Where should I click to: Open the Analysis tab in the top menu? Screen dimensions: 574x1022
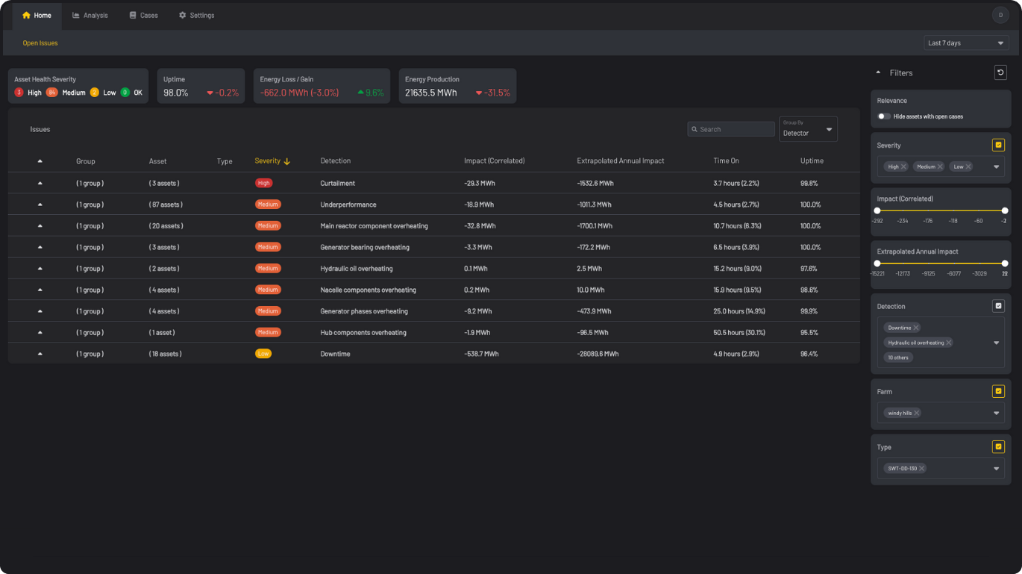point(90,16)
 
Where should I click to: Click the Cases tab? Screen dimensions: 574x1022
point(143,16)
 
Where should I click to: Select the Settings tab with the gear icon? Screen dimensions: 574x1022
point(196,16)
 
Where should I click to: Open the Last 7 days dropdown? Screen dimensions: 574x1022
point(966,43)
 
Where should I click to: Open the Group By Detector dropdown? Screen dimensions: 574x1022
point(808,129)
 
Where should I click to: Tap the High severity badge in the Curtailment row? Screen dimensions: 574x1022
point(263,183)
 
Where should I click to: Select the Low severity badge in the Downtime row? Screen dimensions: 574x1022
point(263,354)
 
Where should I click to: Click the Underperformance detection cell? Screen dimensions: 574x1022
point(348,205)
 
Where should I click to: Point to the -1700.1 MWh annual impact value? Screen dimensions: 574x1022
point(595,226)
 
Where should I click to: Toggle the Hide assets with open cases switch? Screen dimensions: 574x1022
point(884,116)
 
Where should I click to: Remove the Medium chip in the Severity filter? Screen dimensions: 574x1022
point(940,166)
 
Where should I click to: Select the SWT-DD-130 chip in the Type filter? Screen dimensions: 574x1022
point(902,468)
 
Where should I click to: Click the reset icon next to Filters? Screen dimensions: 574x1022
point(1000,72)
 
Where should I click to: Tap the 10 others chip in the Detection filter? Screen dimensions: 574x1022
point(897,358)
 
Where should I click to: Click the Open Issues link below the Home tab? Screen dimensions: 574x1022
point(40,43)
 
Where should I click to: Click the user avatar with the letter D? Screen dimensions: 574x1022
point(1000,15)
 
